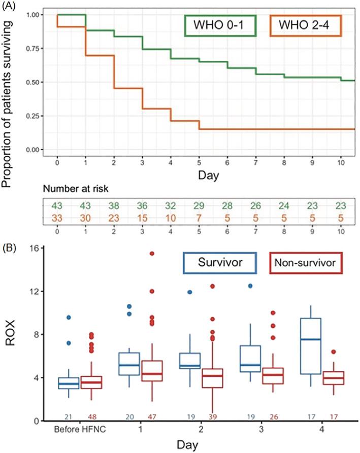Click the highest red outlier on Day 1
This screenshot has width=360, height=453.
[x=152, y=253]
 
